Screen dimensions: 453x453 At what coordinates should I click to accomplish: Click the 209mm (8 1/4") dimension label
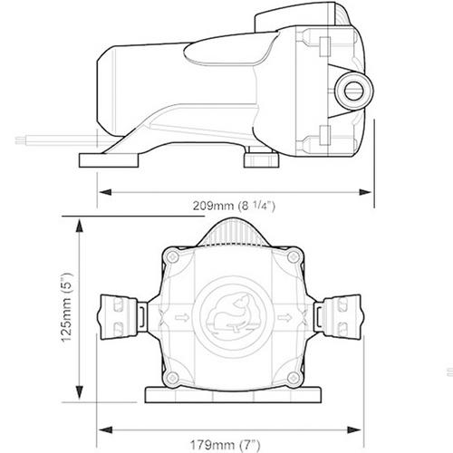tap(234, 206)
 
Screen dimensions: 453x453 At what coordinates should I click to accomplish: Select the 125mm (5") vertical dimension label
tap(67, 307)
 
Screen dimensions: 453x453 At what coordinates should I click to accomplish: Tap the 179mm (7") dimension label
tap(225, 445)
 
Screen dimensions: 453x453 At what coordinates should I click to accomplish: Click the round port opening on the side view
tap(354, 90)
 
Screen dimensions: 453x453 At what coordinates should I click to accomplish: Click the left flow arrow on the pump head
tap(182, 317)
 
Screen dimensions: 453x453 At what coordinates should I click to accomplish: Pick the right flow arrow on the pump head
tap(284, 317)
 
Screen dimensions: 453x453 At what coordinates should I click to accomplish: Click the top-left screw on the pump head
tap(173, 257)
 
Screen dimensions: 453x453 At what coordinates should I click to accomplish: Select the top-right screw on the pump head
tap(293, 257)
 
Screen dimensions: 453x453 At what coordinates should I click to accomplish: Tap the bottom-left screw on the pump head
tap(173, 378)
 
